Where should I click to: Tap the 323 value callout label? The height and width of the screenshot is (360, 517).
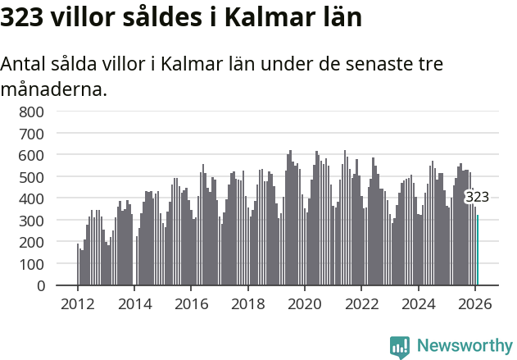pos(477,197)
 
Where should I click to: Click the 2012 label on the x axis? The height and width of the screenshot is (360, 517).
pos(78,303)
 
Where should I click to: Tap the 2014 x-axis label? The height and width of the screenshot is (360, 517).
pos(134,303)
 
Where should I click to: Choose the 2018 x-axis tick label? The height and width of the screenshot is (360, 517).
pos(248,303)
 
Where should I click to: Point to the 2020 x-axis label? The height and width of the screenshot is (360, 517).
pos(305,303)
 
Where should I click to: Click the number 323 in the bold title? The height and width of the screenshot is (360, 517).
pos(21,18)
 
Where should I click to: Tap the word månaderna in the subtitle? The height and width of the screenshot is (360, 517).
pos(54,89)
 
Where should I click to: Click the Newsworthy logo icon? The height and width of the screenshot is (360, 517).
pos(400,347)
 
